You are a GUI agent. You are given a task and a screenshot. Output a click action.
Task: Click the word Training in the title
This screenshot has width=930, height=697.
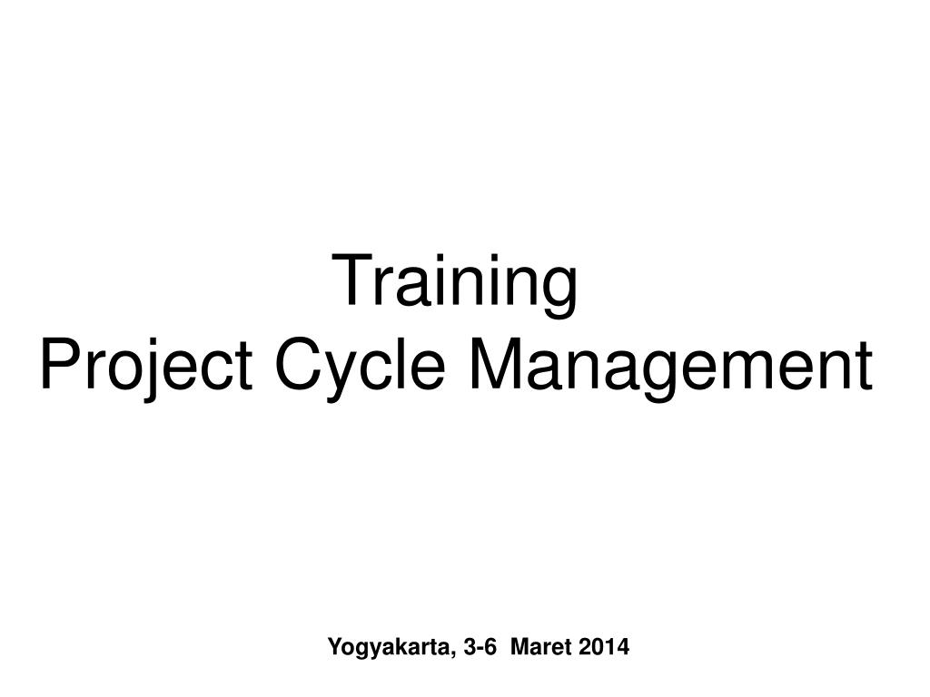(458, 283)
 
